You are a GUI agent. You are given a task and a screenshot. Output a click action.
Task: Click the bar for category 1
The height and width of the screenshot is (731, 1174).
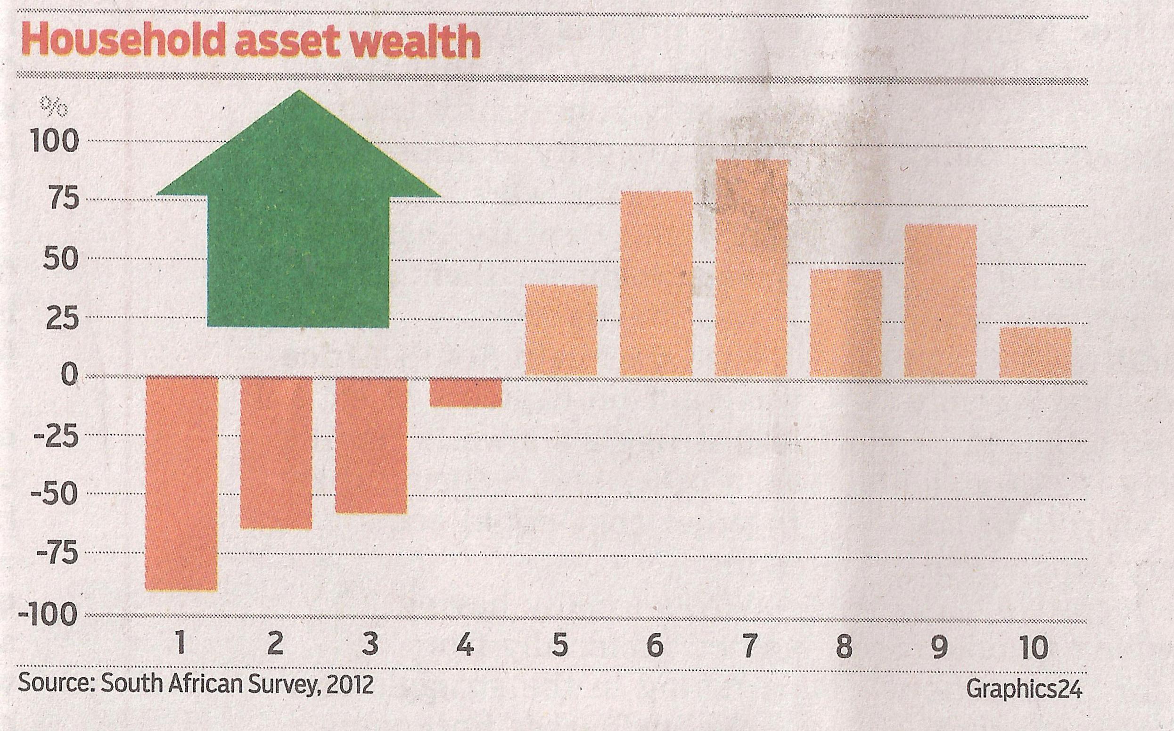tap(181, 484)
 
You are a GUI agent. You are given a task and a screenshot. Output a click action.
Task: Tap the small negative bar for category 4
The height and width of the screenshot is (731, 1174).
tap(466, 392)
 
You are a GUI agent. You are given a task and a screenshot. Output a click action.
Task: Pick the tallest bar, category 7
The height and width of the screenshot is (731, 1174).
tap(752, 268)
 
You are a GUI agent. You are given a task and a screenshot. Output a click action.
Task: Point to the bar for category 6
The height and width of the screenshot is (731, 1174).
tap(657, 284)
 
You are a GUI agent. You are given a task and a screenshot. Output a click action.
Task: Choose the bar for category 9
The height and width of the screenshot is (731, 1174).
tap(940, 301)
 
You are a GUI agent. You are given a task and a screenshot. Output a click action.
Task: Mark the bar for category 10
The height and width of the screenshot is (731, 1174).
tap(1035, 353)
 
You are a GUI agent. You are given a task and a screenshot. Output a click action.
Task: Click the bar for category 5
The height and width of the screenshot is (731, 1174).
tap(561, 331)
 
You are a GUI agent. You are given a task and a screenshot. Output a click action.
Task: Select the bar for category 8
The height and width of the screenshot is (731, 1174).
tap(846, 323)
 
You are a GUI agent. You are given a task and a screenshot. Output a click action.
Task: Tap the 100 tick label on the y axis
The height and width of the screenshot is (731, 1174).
tap(54, 141)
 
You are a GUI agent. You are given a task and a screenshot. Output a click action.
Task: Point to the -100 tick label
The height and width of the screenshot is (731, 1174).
tap(48, 615)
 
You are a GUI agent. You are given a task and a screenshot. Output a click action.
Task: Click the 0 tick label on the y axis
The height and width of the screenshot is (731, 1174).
tap(69, 376)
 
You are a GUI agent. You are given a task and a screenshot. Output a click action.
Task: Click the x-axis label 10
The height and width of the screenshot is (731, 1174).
tap(1035, 648)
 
